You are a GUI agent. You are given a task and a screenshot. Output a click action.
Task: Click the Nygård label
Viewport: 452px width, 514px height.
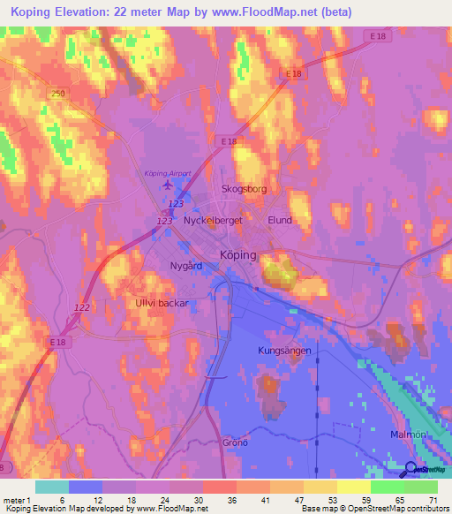click(185, 265)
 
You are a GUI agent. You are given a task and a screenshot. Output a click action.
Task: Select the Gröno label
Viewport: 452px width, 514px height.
click(234, 442)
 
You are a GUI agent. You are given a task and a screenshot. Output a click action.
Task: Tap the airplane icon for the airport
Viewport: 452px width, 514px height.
click(168, 185)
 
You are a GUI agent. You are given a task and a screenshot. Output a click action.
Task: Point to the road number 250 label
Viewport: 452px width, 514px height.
click(58, 94)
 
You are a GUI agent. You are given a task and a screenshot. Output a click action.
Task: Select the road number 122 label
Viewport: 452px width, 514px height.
click(82, 306)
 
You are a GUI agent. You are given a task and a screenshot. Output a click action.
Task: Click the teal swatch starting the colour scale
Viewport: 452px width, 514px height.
click(52, 487)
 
